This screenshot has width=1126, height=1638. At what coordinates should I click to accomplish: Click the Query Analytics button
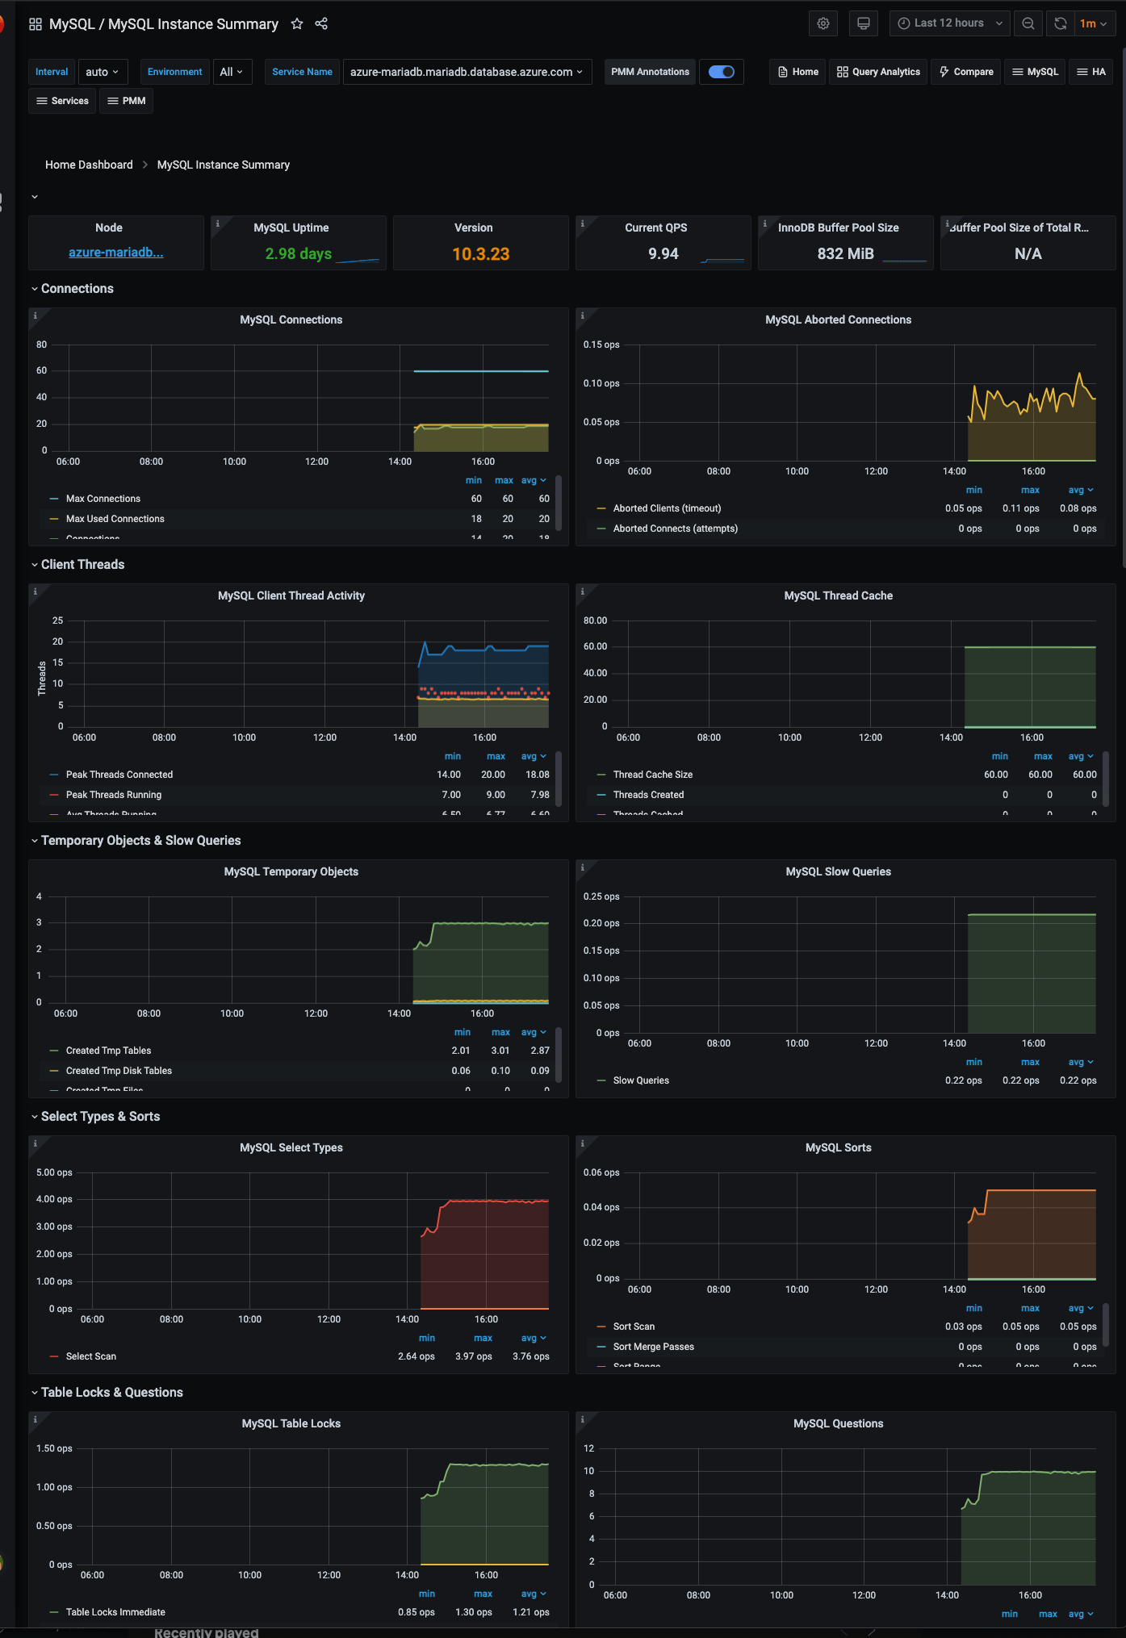[878, 72]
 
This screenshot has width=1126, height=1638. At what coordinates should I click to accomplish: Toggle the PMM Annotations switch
[721, 72]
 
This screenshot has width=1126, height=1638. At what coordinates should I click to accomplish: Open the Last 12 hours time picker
[949, 23]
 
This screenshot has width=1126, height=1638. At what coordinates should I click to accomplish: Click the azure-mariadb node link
[116, 253]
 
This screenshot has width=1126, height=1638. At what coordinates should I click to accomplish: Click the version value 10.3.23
[480, 254]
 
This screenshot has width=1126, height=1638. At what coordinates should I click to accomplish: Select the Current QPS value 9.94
[663, 254]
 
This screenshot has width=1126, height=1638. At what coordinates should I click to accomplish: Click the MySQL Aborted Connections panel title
[838, 320]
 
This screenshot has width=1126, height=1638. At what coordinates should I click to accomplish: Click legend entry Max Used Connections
[115, 519]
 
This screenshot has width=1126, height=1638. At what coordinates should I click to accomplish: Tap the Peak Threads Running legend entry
[113, 795]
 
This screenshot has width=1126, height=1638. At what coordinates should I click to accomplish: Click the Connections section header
[77, 289]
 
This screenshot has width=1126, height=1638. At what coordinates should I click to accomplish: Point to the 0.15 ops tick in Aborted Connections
[601, 345]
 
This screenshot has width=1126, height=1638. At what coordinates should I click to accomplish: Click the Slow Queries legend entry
[640, 1080]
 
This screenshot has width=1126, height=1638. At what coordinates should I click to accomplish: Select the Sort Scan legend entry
[634, 1327]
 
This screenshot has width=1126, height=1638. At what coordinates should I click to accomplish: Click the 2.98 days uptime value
[298, 254]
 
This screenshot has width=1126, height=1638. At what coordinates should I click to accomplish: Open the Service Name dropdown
[467, 72]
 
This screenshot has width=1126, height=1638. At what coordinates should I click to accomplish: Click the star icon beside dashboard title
[297, 24]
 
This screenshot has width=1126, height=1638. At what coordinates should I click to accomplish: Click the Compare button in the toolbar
[966, 72]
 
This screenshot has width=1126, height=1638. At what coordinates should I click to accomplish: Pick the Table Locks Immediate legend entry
[115, 1612]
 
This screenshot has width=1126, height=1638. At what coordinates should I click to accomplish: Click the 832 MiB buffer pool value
[845, 254]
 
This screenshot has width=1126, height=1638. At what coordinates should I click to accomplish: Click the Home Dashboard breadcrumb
[89, 165]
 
